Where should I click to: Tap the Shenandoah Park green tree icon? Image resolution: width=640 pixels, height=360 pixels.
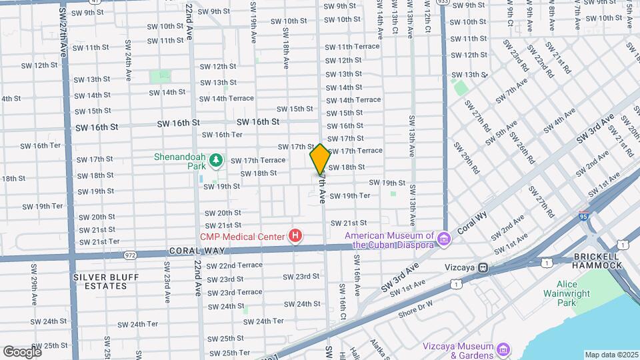coord(216,160)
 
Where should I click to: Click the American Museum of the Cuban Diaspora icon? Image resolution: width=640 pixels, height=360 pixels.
coord(442,236)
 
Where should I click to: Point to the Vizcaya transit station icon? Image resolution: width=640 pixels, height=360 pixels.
coord(483,267)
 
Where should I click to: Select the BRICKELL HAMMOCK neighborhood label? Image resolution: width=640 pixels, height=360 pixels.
coord(595,260)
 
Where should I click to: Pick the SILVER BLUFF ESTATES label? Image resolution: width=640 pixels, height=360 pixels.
coord(100,281)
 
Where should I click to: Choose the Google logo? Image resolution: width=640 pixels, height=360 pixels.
coord(23,351)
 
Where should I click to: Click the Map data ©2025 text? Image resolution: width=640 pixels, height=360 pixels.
coord(611,355)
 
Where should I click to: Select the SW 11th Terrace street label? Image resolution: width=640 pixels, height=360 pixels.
coord(352,47)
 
